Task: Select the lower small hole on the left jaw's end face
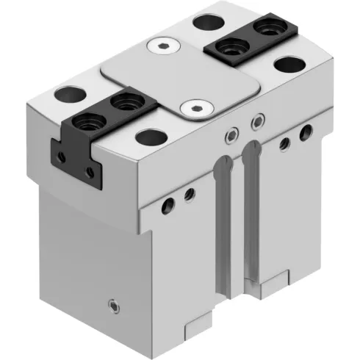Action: (90, 171)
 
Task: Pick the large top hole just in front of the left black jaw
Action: (150, 136)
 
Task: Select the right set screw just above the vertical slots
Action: (256, 120)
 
